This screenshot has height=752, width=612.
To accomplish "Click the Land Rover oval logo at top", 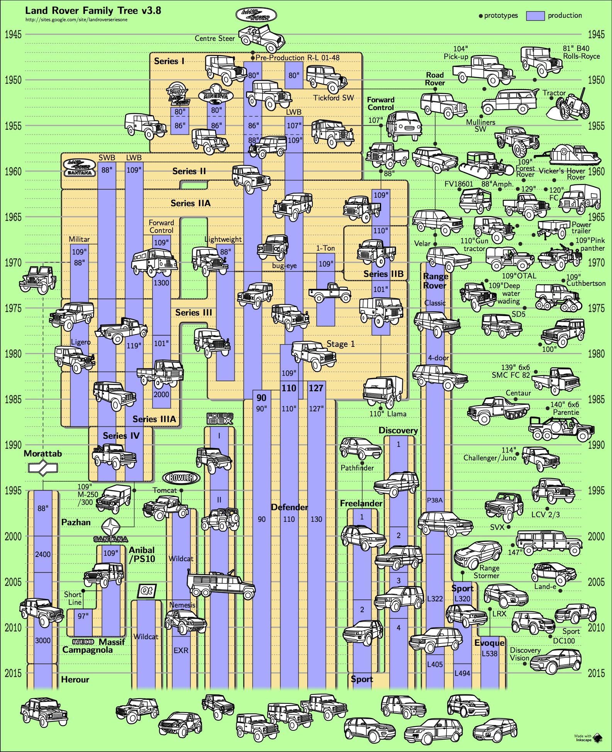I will (256, 15).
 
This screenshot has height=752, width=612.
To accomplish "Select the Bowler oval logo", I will (181, 478).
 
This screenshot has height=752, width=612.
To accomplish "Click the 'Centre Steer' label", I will (214, 38).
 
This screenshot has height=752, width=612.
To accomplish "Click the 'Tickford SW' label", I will (333, 98).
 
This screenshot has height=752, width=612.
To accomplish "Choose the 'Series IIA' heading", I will (191, 203).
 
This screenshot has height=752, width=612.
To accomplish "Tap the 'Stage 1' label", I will (340, 344).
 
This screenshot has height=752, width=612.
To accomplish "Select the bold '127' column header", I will (316, 388).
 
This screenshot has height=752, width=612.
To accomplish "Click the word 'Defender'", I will (289, 507).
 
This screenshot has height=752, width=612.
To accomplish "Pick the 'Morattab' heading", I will (43, 453).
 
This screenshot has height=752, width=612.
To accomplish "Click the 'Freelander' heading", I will (361, 503).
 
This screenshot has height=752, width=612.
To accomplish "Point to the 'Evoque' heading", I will (489, 643).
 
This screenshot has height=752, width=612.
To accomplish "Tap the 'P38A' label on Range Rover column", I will (435, 500).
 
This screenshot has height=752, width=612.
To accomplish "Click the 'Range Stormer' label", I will (488, 572).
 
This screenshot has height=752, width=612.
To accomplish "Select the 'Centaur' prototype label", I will (518, 393).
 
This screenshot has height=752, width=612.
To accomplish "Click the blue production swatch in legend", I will (535, 15).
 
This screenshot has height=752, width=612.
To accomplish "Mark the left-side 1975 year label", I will (13, 308).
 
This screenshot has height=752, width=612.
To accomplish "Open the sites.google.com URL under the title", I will (76, 20).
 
